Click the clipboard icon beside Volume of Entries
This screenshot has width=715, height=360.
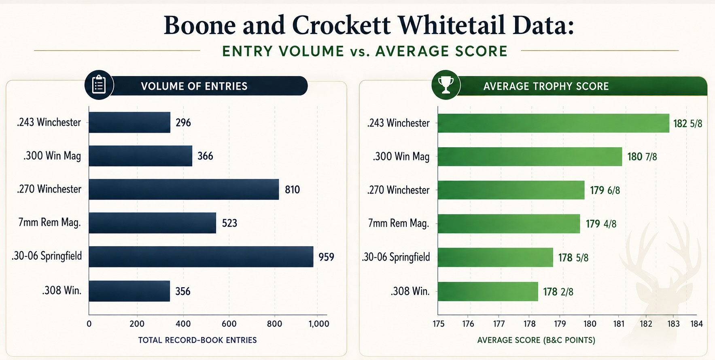point(99,85)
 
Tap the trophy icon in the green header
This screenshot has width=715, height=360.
point(446,85)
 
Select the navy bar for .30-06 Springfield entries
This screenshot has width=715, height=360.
point(201,256)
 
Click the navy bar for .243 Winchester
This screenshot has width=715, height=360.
point(129,122)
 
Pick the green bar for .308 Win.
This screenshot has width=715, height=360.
point(488,291)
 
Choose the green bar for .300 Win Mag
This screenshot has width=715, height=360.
point(530,156)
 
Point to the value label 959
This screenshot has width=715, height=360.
point(326,257)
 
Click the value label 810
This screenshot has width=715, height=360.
point(292,190)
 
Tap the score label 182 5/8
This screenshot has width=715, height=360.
point(687,123)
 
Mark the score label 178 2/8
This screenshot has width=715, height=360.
point(558,292)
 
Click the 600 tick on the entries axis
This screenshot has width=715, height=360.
point(229,324)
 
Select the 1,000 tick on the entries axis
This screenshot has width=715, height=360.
point(319,324)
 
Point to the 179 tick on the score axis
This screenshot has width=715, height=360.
point(560,324)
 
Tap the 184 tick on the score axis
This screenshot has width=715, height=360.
point(696,324)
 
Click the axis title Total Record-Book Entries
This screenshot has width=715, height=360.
point(197,340)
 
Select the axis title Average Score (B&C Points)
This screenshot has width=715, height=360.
point(536,340)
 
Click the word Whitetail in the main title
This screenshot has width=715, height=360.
point(452,25)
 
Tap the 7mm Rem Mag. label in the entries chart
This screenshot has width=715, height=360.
point(49,222)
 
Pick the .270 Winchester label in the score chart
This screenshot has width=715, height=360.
point(398,190)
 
